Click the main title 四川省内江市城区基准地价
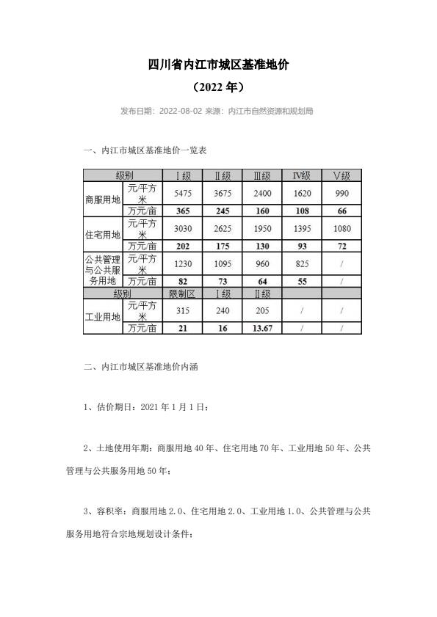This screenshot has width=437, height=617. pyautogui.click(x=218, y=65)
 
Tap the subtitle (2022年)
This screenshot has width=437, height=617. pyautogui.click(x=218, y=87)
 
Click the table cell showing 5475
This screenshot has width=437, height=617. pyautogui.click(x=181, y=193)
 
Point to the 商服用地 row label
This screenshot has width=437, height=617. pyautogui.click(x=103, y=199)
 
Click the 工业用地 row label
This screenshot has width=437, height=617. pyautogui.click(x=103, y=316)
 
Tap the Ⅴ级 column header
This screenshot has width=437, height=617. pyautogui.click(x=342, y=175)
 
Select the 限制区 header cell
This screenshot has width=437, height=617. pyautogui.click(x=181, y=293)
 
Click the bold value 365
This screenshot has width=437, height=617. pyautogui.click(x=181, y=211)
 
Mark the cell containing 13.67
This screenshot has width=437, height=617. pyautogui.click(x=261, y=328)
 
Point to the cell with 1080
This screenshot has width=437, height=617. pyautogui.click(x=342, y=228)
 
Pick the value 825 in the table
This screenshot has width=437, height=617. pyautogui.click(x=302, y=263)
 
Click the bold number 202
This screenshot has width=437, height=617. pyautogui.click(x=181, y=246)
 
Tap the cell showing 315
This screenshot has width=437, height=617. pyautogui.click(x=181, y=310)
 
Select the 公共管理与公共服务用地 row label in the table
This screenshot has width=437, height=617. pyautogui.click(x=103, y=269)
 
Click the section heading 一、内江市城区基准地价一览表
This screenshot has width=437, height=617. pyautogui.click(x=146, y=151)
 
